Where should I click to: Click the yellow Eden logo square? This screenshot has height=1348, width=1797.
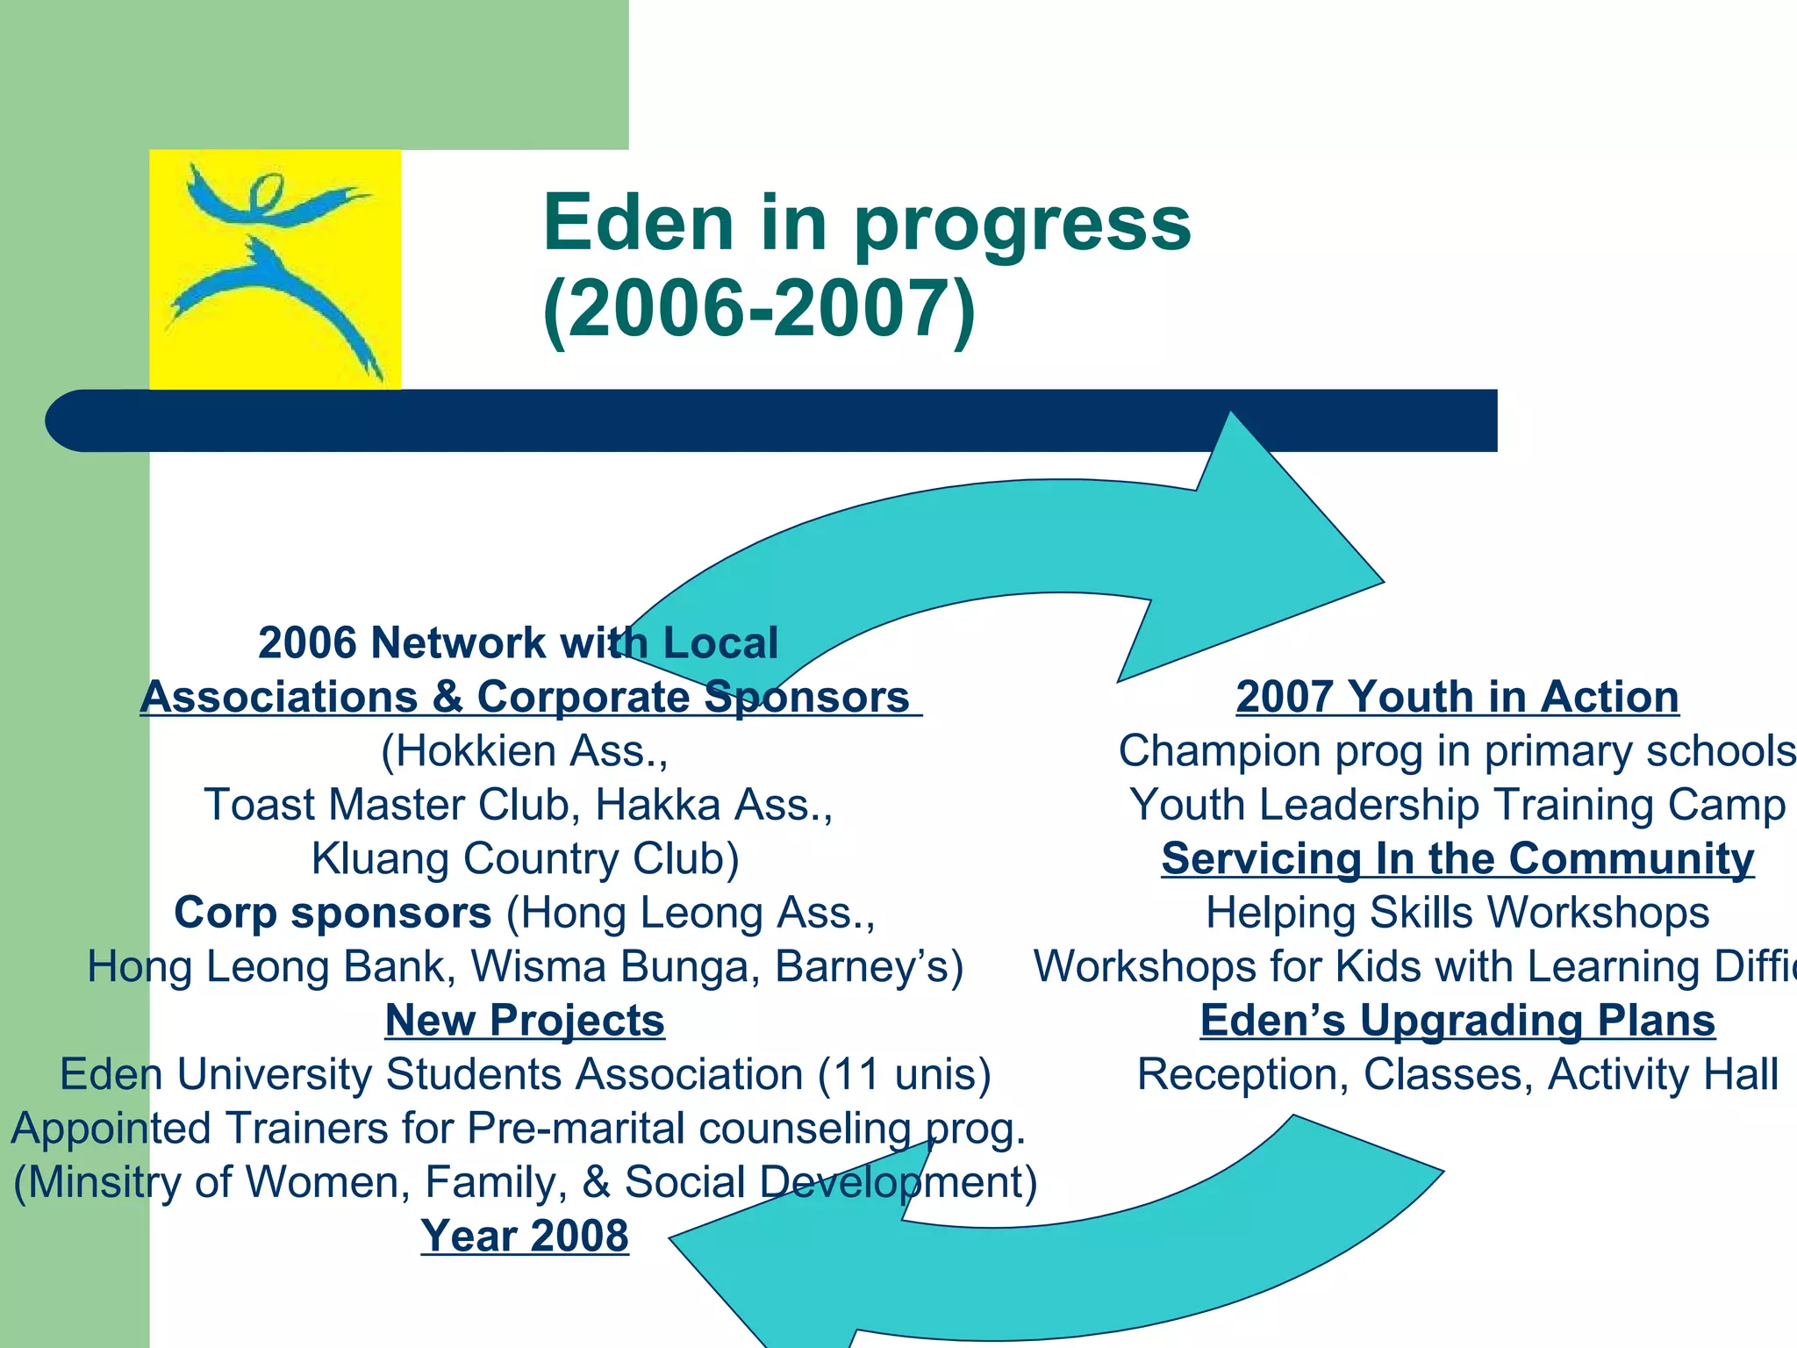click(x=275, y=269)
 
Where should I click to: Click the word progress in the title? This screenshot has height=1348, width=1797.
click(x=1022, y=224)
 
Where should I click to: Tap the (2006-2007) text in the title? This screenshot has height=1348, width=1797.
click(x=759, y=309)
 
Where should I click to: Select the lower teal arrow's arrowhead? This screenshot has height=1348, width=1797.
click(x=790, y=1264)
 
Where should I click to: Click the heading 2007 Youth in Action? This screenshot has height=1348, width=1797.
click(x=1457, y=697)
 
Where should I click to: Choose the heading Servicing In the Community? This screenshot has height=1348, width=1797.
click(x=1457, y=858)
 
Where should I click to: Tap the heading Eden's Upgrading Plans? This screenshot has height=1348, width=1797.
click(x=1457, y=1021)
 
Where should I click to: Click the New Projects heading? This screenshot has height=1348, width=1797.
click(x=525, y=1021)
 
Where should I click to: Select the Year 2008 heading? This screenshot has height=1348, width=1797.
click(x=525, y=1236)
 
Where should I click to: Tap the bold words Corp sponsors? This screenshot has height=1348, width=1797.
click(x=333, y=913)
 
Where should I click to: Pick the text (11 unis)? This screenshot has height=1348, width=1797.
click(x=904, y=1075)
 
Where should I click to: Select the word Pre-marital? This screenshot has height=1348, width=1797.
click(x=576, y=1129)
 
